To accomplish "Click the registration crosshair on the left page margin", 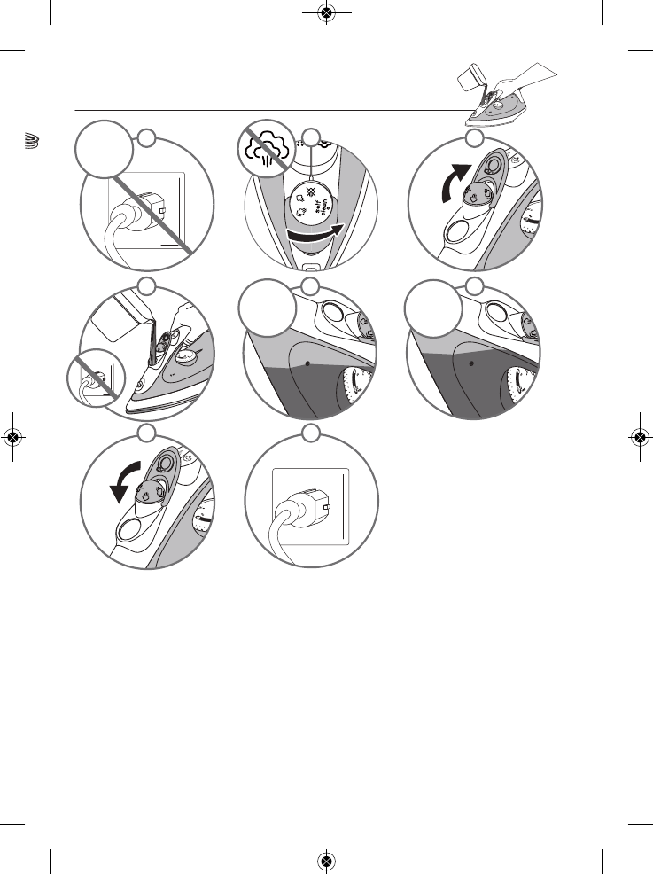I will point(12,437).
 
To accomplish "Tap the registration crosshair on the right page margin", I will point(640,437).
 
